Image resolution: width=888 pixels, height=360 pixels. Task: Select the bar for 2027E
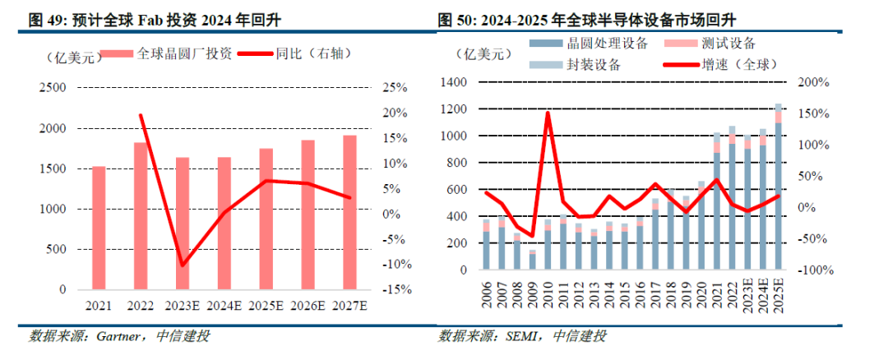[349, 213]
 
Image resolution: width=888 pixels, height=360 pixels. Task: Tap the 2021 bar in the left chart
[99, 228]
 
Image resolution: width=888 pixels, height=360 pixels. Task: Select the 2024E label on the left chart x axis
[224, 306]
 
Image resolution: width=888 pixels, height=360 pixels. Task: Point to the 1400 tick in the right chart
[455, 82]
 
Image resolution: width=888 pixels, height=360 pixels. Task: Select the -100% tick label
[816, 270]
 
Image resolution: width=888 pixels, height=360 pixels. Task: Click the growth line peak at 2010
[548, 113]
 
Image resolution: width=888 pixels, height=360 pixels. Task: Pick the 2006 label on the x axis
[487, 297]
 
